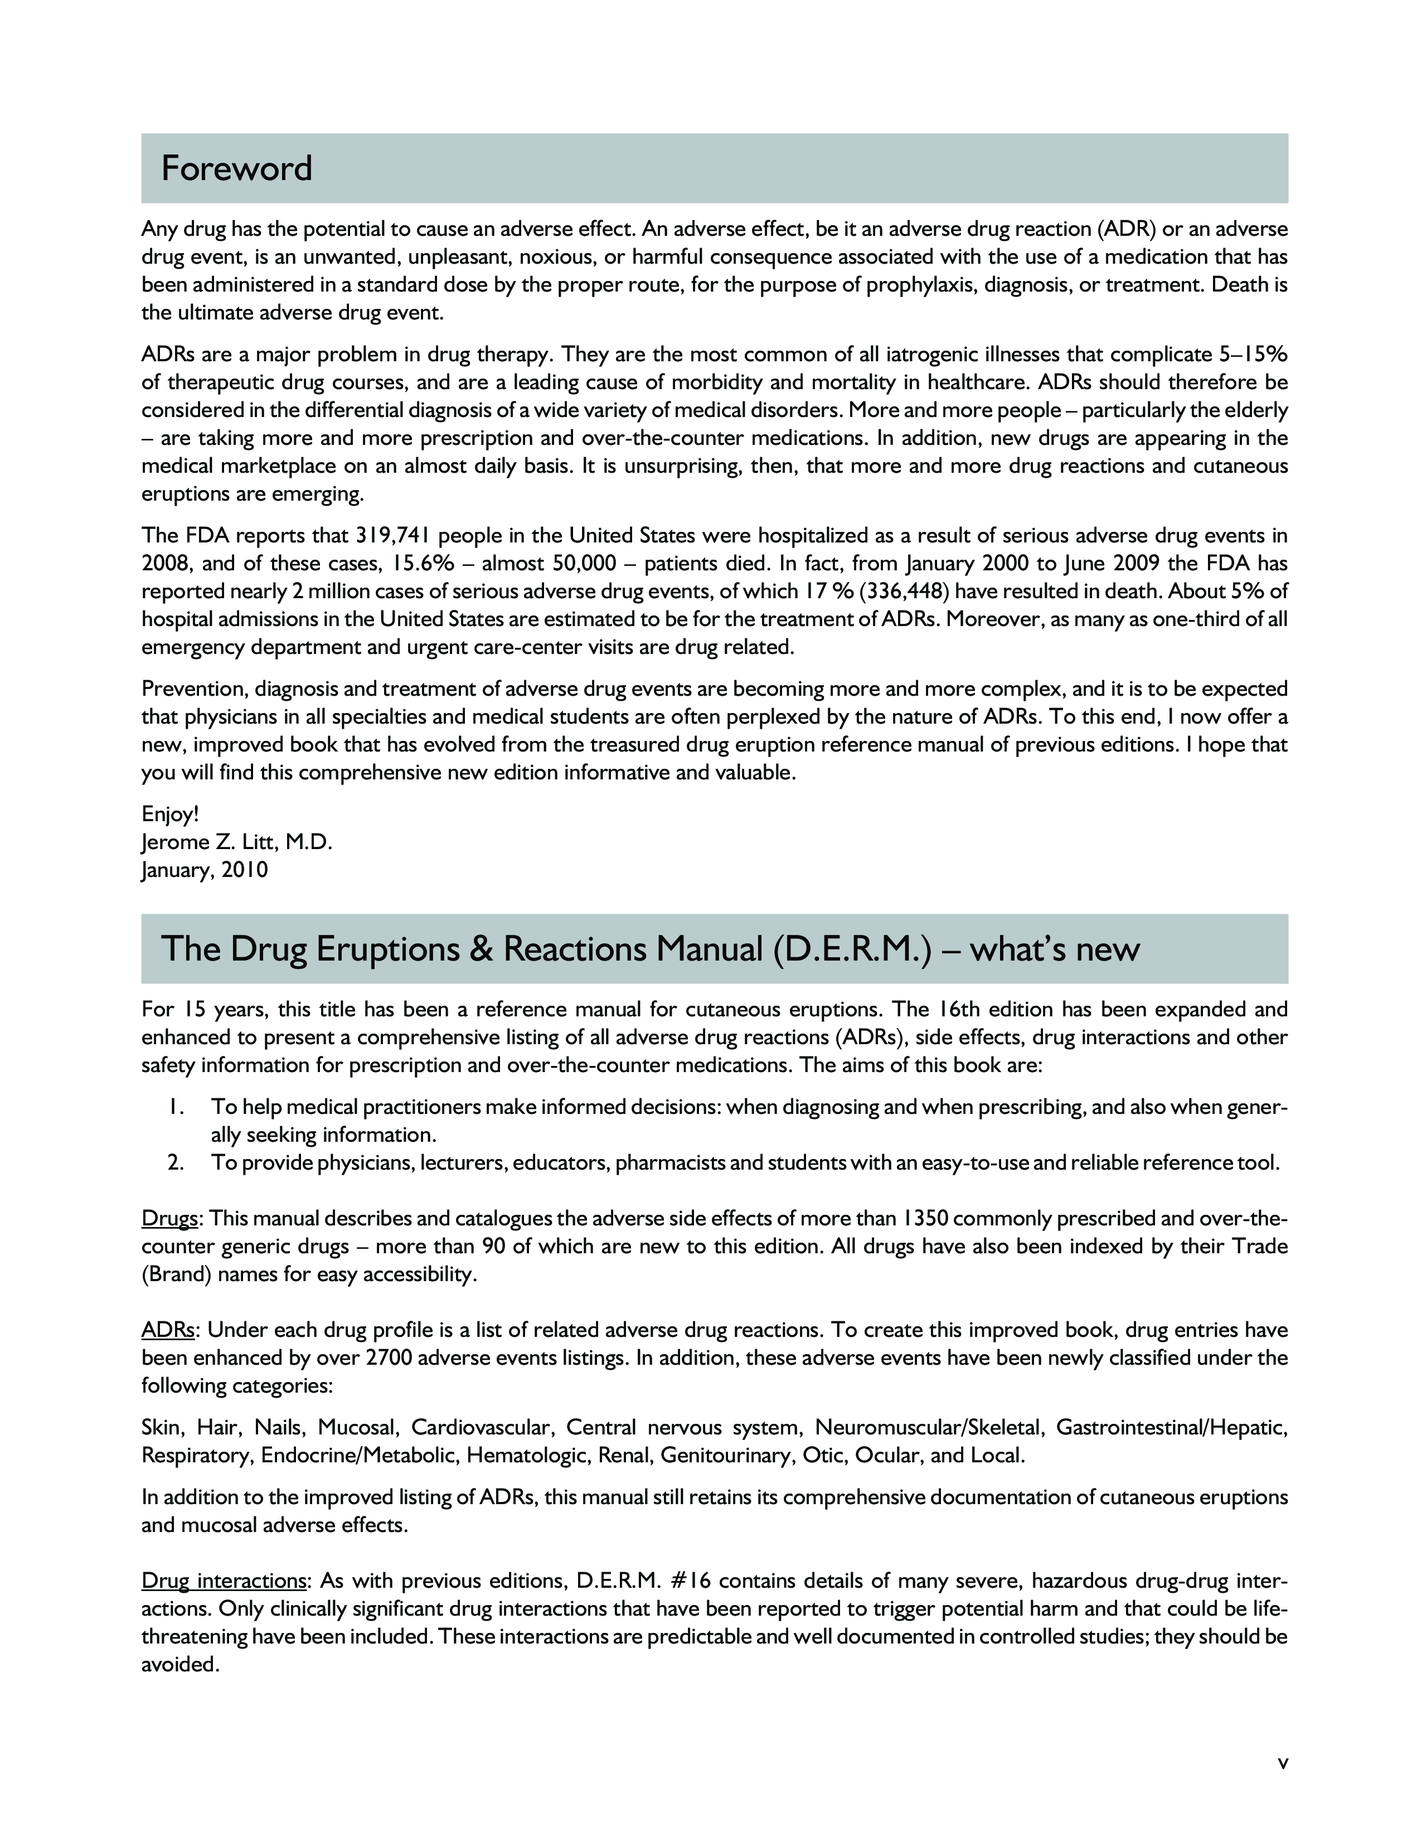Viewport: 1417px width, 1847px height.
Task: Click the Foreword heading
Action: point(236,169)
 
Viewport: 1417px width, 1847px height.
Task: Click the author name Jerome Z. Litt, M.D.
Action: point(237,842)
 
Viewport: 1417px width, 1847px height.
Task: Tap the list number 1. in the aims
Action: point(176,1107)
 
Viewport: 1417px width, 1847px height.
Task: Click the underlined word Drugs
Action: point(169,1219)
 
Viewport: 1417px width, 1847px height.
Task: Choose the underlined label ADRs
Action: point(168,1331)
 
